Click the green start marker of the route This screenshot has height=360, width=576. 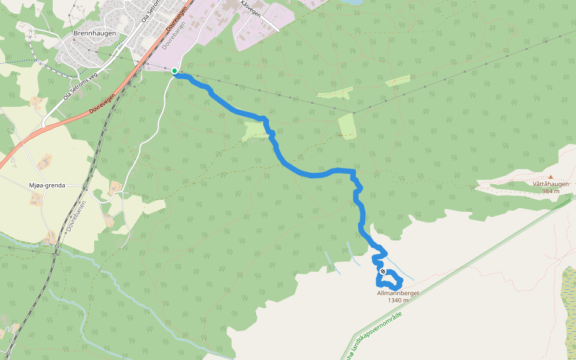point(175,71)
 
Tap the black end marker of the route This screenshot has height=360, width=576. point(383,272)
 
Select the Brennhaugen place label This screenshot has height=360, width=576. point(94,34)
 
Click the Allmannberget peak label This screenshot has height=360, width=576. point(398,293)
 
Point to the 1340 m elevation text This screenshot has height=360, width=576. point(398,300)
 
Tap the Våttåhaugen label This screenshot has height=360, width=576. point(550,184)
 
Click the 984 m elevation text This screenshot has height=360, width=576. point(550,191)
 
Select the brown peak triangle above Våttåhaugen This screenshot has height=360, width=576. point(551,176)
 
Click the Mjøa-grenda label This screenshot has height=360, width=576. point(47,186)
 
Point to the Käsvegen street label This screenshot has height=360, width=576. point(250,11)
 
